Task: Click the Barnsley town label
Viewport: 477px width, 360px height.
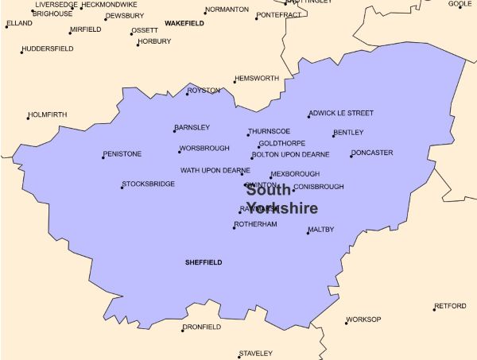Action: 193,127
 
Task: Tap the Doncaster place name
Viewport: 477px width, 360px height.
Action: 373,153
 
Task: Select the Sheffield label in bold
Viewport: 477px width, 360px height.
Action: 204,261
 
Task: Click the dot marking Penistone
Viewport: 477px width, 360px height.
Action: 103,157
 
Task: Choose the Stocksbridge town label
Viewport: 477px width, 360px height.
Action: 149,184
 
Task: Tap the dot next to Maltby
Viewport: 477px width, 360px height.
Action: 308,234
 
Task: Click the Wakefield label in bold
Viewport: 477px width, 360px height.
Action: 184,24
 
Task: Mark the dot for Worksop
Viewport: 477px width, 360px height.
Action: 346,323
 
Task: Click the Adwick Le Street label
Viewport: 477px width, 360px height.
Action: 343,113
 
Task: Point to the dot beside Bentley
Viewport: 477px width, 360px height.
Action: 333,136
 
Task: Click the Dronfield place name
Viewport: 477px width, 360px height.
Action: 203,327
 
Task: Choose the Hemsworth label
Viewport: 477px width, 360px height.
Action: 258,78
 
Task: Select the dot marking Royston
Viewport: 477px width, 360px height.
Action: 187,94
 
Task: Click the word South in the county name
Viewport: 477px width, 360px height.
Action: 269,190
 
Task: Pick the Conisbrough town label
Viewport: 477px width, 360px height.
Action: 320,187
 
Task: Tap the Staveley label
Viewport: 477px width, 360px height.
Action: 257,353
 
